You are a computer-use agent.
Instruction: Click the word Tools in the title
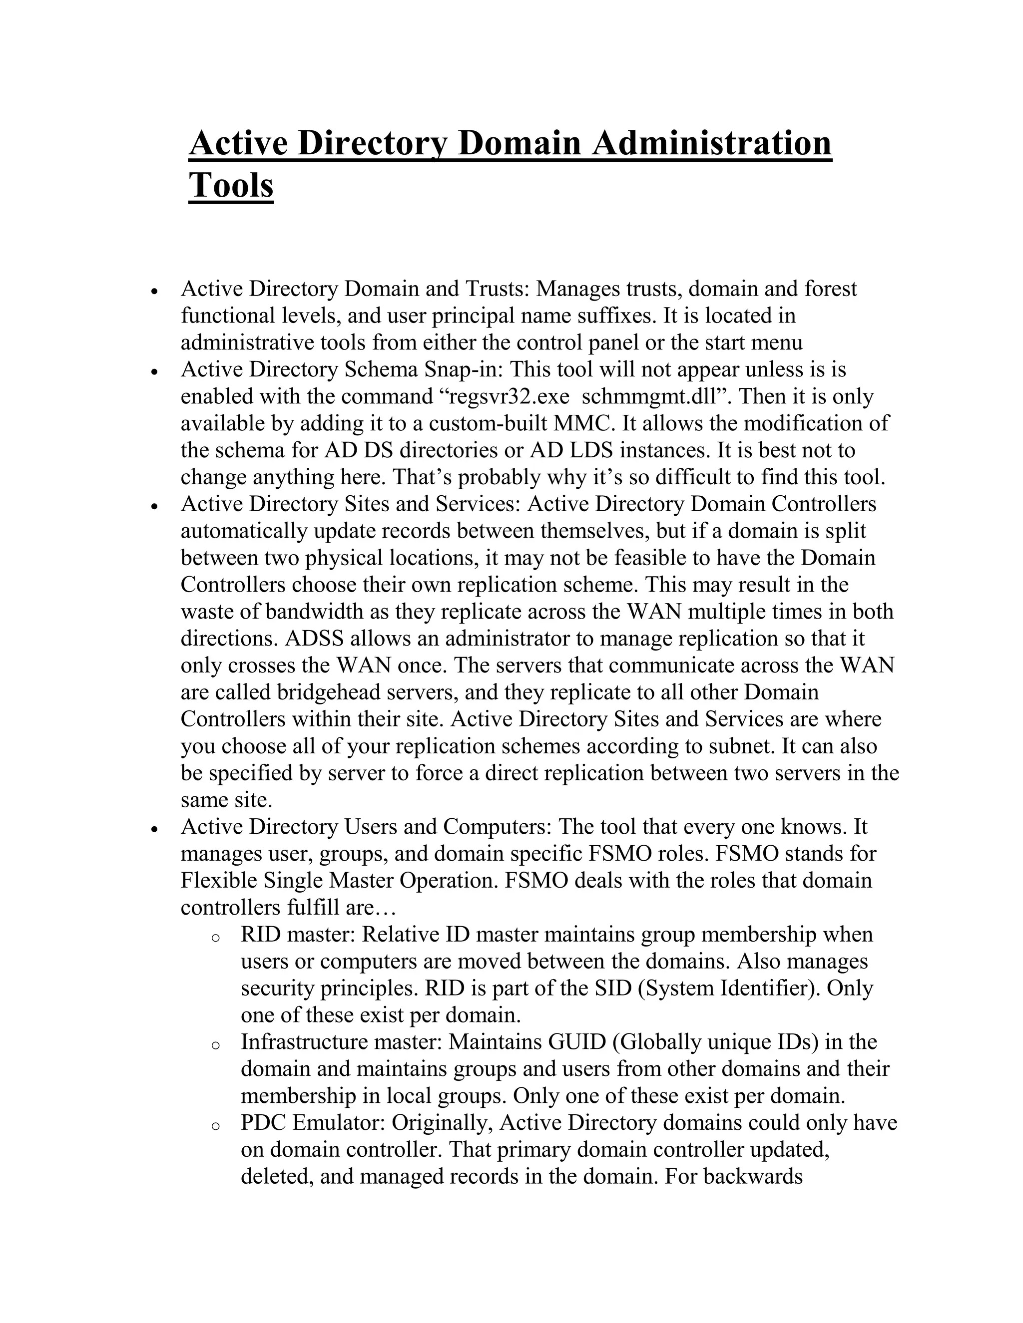tap(231, 185)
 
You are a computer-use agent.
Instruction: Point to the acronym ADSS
tap(313, 639)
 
